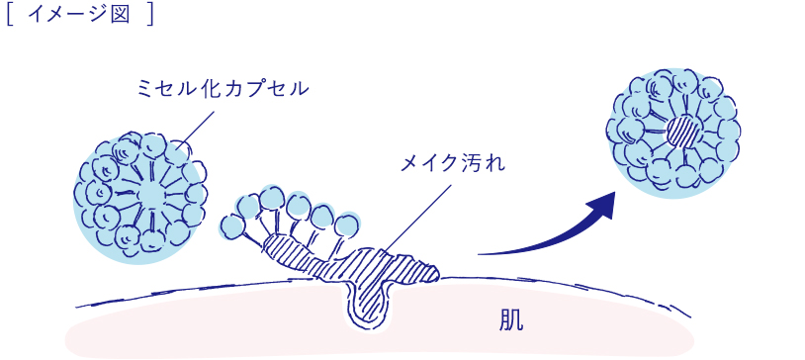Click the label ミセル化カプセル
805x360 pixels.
pos(223,89)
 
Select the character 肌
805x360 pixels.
pos(510,319)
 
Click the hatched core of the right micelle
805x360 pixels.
pos(680,130)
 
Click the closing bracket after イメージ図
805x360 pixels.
pos(150,17)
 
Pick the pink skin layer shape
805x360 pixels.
pos(247,331)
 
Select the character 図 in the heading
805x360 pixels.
pos(121,17)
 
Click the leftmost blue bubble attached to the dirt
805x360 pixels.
pos(231,226)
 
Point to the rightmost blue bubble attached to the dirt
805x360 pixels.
pos(346,225)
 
